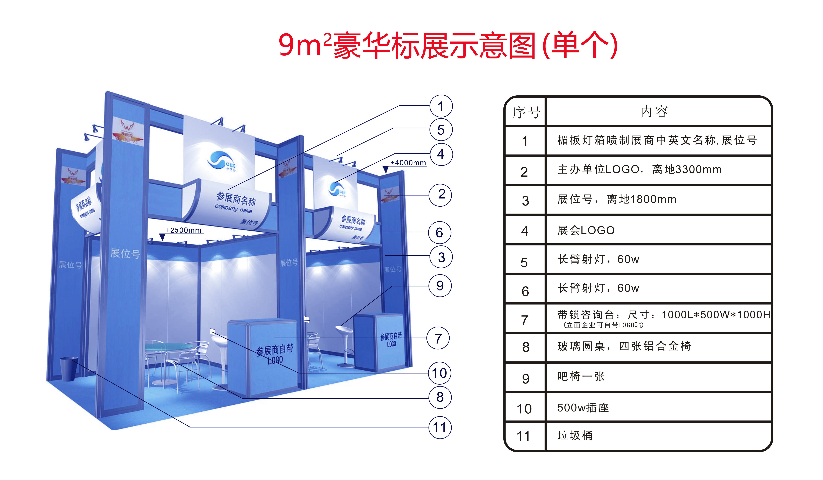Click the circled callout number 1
click(x=441, y=106)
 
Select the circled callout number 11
click(x=440, y=427)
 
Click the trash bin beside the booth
click(x=69, y=369)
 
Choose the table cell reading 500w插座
click(x=583, y=408)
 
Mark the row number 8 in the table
click(x=525, y=347)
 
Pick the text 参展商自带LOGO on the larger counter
click(x=275, y=354)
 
